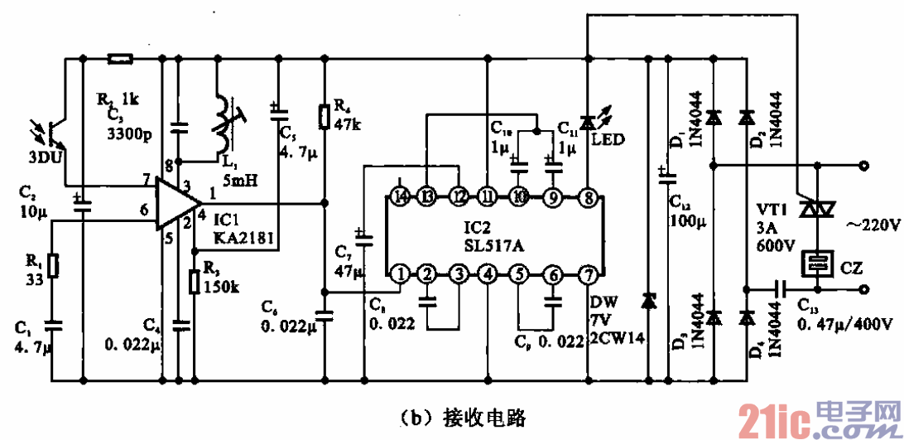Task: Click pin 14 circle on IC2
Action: point(401,198)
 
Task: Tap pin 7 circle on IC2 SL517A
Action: point(587,273)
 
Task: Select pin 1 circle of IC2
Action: point(400,273)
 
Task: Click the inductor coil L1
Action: point(223,124)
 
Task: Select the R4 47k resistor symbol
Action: point(324,117)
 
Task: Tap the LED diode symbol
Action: point(587,123)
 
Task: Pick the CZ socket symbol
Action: point(817,265)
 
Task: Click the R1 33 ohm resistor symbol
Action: point(52,266)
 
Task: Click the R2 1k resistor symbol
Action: point(121,59)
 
